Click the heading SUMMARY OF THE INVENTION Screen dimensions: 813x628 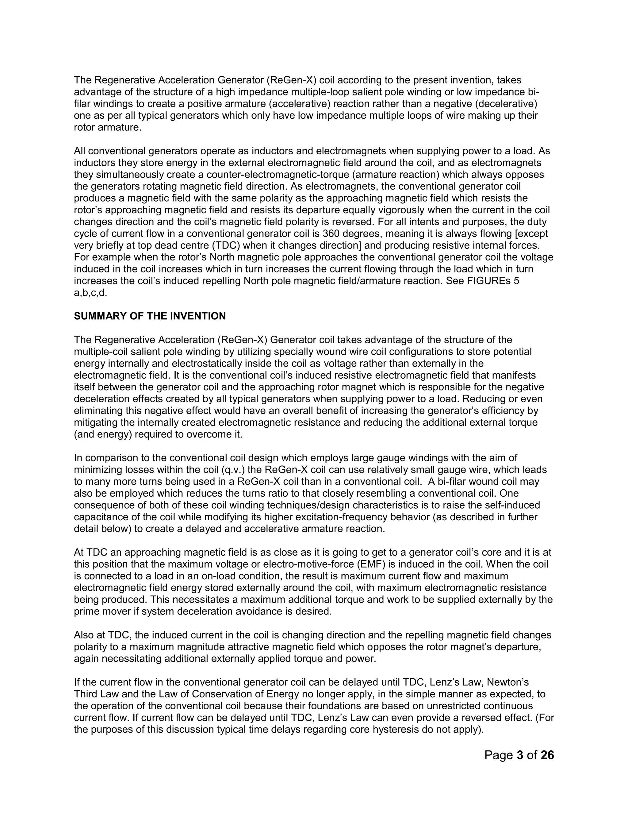pos(150,316)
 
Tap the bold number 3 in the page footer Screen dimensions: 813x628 pos(520,755)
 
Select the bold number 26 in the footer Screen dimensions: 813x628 pos(547,755)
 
